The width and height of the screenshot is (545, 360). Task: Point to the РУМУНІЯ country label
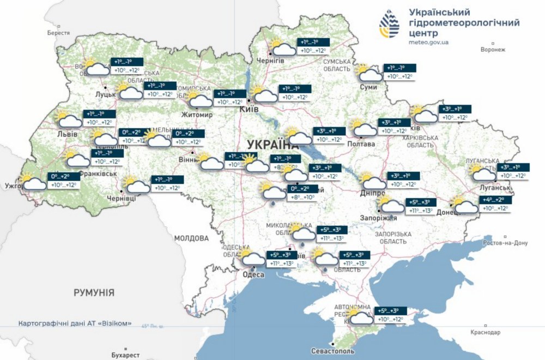pos(94,293)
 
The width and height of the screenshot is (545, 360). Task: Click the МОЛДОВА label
pos(191,238)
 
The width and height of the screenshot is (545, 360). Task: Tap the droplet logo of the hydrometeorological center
pos(391,26)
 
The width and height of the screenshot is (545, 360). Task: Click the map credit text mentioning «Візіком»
pos(75,323)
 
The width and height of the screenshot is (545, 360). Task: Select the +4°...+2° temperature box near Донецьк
pos(495,205)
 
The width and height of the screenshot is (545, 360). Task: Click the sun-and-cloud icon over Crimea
pos(361,317)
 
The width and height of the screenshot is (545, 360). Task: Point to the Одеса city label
pos(253,274)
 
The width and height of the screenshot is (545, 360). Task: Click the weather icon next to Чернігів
pos(282,48)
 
